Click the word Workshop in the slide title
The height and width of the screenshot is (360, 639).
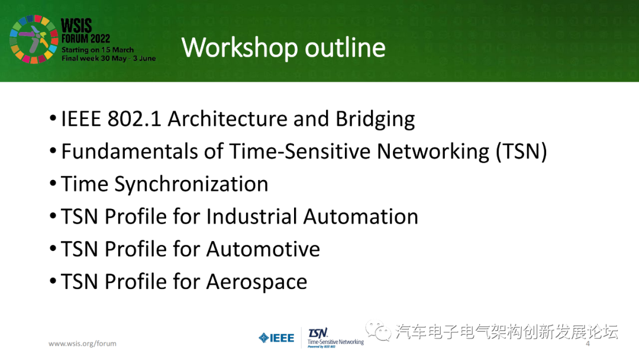pos(240,48)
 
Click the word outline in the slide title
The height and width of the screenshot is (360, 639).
pos(345,47)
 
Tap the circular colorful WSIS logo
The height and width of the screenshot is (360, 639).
pos(34,39)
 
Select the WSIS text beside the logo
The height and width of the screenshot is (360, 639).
pos(76,25)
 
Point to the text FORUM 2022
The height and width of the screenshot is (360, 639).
pos(86,38)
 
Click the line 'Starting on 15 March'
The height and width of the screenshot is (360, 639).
pos(98,50)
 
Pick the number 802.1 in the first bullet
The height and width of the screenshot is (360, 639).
pos(134,119)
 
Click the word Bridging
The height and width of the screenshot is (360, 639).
pos(375,120)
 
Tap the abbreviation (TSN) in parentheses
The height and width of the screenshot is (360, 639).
pos(521,152)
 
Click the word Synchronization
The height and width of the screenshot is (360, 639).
pos(191,185)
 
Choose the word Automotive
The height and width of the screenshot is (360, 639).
pos(263,249)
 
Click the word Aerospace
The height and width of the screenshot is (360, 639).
pos(257,282)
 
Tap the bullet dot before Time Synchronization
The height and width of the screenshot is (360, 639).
pos(53,183)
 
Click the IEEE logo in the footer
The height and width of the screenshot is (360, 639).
pos(276,338)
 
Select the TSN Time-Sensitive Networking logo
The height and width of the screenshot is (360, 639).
pos(335,338)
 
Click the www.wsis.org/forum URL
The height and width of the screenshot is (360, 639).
pos(82,343)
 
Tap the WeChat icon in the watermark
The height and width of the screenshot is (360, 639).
pos(378,330)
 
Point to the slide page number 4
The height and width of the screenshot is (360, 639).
pos(588,343)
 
